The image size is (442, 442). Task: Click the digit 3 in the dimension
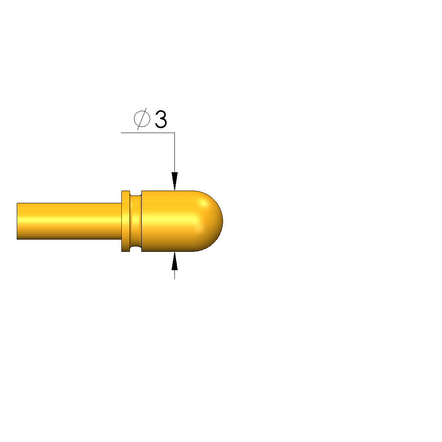click(161, 119)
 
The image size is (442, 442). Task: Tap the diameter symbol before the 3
click(142, 119)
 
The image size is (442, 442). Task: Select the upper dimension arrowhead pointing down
click(174, 181)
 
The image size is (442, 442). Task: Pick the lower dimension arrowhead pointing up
click(174, 261)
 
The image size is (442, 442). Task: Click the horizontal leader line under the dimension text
click(148, 133)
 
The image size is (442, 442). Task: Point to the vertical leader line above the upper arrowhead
click(174, 153)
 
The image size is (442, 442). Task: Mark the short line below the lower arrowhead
click(174, 275)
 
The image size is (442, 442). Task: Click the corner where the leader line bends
click(174, 133)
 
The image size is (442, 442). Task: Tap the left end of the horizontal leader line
click(121, 133)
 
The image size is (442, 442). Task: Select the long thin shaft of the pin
click(69, 221)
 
